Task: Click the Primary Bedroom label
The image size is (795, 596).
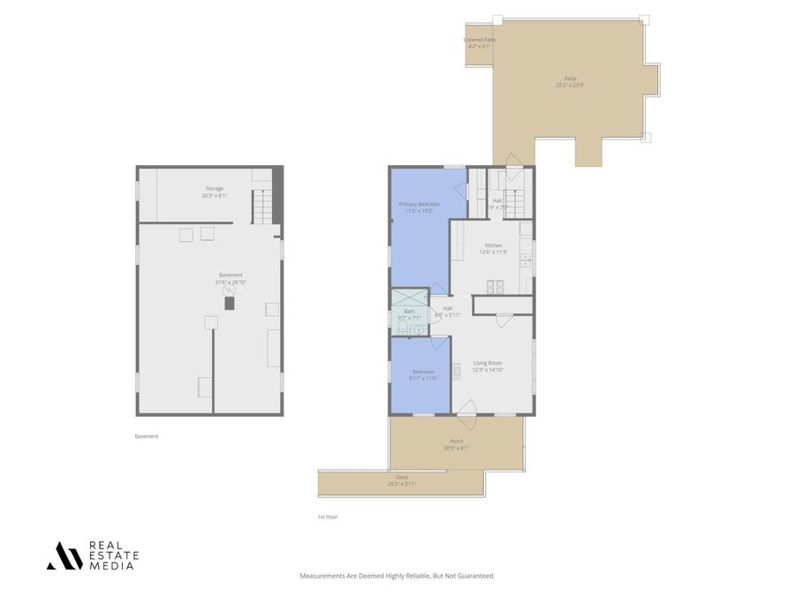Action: point(420,204)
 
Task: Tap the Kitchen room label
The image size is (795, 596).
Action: point(493,245)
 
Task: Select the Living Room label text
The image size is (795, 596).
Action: point(488,363)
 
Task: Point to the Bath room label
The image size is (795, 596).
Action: point(409,312)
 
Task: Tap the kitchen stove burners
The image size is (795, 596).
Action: point(494,285)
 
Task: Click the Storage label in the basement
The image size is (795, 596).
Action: point(215,188)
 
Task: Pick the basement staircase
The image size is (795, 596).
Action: point(262,207)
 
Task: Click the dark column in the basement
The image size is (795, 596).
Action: point(231,303)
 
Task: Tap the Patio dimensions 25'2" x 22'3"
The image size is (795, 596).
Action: point(571,86)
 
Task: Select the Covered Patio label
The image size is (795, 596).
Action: point(479,40)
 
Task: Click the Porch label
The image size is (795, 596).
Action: point(456,441)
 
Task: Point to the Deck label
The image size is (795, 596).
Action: point(402,478)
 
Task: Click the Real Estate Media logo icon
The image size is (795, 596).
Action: point(64,555)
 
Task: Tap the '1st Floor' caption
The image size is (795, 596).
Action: point(328,517)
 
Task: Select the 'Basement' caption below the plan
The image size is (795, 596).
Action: point(147,436)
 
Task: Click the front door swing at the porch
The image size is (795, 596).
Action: point(467,407)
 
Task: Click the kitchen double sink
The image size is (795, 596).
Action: point(525,260)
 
